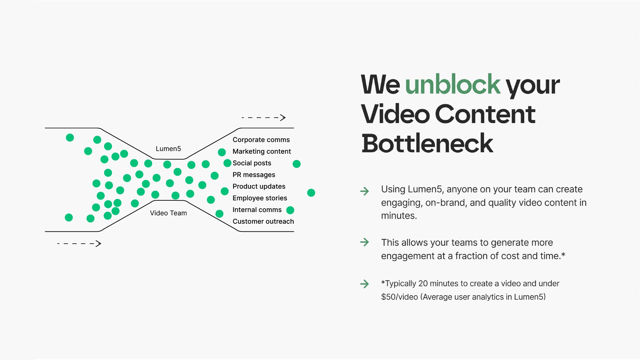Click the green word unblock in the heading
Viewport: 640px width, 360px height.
[452, 85]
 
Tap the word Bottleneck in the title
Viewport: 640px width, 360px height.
[427, 144]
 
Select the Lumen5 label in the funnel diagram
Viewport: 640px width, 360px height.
[168, 149]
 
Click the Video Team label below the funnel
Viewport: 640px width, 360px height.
[168, 213]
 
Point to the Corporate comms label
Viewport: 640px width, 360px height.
[261, 140]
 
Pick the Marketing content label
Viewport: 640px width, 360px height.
[262, 151]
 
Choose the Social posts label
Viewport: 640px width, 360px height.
[252, 163]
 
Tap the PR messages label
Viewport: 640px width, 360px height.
[254, 175]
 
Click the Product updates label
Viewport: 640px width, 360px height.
[259, 186]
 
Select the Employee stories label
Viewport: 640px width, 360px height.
[260, 198]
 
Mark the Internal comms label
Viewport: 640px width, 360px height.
[257, 210]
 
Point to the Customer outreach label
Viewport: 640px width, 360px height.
[263, 221]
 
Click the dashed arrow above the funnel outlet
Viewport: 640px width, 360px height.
[264, 118]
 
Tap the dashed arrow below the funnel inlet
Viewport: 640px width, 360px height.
[79, 244]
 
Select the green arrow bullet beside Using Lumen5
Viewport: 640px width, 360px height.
[365, 191]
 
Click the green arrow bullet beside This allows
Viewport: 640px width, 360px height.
[365, 242]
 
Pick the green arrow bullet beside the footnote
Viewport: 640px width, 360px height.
[365, 284]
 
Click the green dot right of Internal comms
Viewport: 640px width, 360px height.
[290, 210]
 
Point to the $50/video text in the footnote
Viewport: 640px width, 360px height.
[399, 297]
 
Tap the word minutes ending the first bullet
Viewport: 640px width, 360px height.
[398, 216]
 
